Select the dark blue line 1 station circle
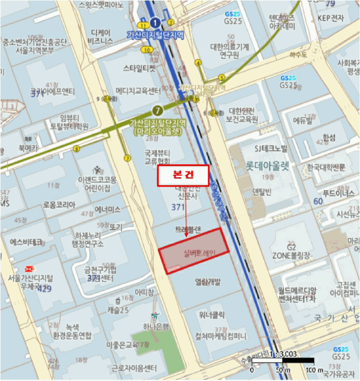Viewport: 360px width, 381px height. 156,22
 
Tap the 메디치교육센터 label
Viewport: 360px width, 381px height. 138,90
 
